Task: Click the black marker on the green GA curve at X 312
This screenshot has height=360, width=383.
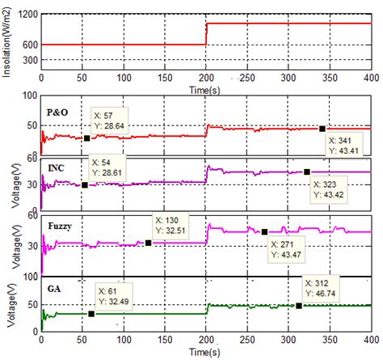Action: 299,305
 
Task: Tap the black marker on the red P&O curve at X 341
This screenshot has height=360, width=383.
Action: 322,129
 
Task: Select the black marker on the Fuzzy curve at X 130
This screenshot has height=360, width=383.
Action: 149,242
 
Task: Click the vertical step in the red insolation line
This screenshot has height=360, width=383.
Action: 206,34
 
